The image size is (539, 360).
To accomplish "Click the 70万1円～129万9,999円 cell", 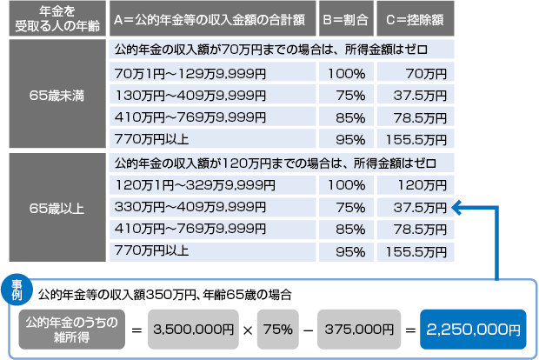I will tap(212, 71).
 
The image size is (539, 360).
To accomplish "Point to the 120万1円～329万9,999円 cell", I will tap(212, 185).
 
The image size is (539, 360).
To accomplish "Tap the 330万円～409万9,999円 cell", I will tap(212, 208).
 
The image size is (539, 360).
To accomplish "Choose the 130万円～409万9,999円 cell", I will tap(212, 94).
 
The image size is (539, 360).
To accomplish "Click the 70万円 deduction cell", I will tap(415, 71).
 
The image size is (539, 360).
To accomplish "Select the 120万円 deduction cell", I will tap(415, 185).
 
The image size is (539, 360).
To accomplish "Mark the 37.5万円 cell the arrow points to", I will tap(415, 208).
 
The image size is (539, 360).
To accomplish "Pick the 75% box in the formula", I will tap(277, 330).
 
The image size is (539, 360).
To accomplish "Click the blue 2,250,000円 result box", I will tap(474, 330).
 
